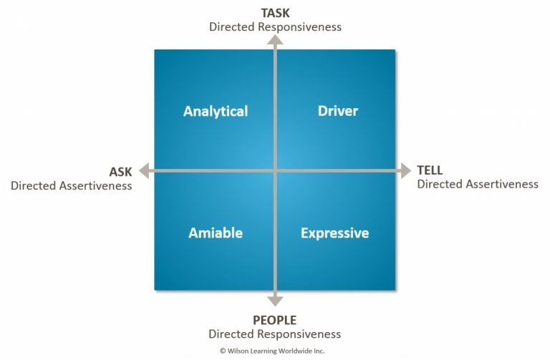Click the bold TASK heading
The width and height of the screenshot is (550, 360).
275,12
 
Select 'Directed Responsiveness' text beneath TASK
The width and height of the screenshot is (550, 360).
275,26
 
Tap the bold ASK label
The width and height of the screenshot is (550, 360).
120,172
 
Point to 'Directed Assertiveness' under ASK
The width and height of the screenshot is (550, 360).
72,185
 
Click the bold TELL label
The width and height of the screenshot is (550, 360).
430,170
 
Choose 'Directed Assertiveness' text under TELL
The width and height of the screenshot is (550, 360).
478,184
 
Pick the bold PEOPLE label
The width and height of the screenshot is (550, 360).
274,320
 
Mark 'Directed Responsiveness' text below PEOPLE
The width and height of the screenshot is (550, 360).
274,334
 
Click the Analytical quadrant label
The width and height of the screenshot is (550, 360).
216,111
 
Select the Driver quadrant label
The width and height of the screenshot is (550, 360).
337,111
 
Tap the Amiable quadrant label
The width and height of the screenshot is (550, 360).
216,233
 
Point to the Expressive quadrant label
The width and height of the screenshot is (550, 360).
334,233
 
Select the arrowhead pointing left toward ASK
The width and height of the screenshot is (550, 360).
144,170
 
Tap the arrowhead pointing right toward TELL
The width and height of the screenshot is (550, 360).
406,170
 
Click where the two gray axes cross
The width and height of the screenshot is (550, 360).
275,170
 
